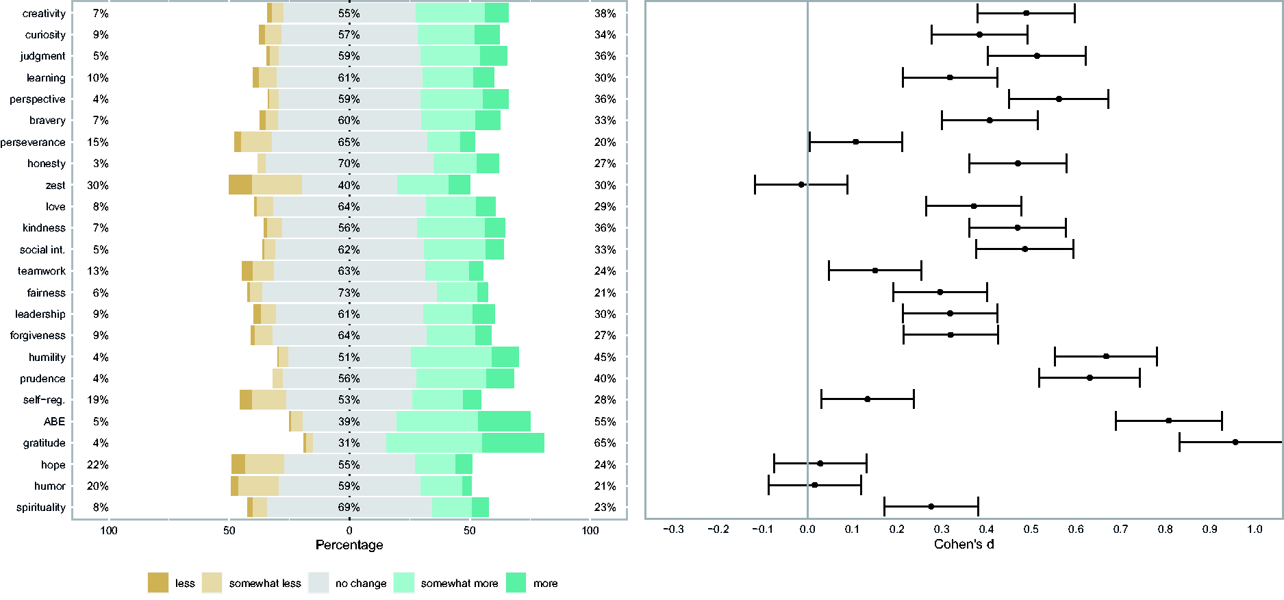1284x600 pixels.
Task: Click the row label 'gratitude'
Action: click(44, 443)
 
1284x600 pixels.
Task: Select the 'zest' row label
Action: click(55, 186)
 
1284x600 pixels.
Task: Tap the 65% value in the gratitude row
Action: click(605, 443)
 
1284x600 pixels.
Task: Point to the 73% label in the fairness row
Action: click(349, 293)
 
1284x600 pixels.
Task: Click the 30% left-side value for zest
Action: click(98, 186)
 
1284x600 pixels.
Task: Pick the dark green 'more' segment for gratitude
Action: click(513, 443)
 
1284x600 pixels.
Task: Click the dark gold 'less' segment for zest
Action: click(240, 185)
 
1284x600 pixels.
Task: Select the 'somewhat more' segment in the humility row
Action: click(451, 357)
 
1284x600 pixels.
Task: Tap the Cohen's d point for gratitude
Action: click(1235, 442)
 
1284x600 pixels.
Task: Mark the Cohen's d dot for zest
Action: click(801, 184)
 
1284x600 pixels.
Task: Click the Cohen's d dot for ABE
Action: click(1168, 421)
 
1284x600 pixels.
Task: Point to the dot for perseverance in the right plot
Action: click(855, 142)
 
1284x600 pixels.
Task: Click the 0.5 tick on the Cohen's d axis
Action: click(1031, 529)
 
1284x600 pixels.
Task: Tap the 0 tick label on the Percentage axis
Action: click(349, 530)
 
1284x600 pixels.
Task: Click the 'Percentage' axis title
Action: click(349, 545)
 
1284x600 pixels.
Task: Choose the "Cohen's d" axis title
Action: click(964, 545)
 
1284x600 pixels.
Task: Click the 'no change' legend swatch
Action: click(318, 583)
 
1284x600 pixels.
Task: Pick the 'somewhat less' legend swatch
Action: click(212, 583)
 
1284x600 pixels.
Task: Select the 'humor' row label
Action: click(50, 486)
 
